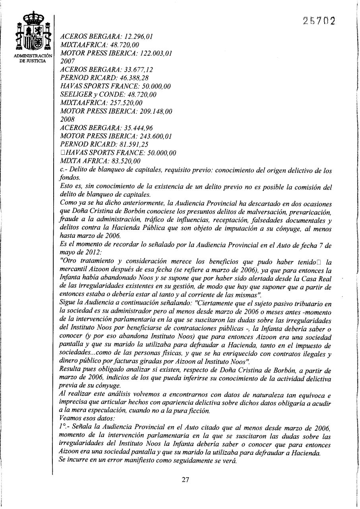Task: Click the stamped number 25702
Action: [x=318, y=20]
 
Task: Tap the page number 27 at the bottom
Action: [x=185, y=479]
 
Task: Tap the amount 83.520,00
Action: [x=122, y=161]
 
